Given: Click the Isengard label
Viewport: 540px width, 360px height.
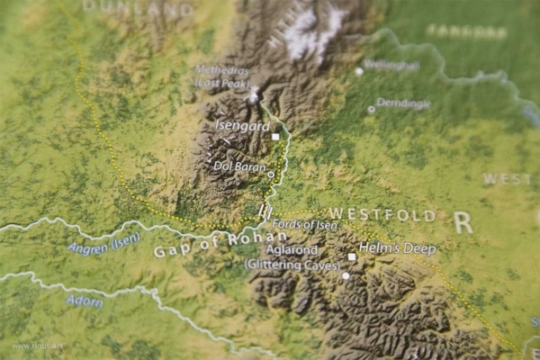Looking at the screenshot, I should [242, 127].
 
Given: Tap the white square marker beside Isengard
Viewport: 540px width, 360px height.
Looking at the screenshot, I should [275, 136].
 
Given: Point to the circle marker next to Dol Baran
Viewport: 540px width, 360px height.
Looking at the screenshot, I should [271, 174].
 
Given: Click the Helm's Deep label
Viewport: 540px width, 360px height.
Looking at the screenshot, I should [397, 248].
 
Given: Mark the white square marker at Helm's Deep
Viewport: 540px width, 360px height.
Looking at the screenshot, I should [352, 256].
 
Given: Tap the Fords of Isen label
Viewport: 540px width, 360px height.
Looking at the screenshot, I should [305, 225].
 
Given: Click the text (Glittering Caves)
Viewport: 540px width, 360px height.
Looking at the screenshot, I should [286, 264].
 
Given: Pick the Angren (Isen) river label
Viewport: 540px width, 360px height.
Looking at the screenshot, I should [104, 244].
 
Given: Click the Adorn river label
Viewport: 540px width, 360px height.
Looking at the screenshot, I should [85, 301].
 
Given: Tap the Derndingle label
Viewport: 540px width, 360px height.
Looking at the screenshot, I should [403, 103].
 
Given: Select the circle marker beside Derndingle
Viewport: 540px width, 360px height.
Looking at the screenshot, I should [371, 109].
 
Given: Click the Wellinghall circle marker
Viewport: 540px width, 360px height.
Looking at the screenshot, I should [359, 71].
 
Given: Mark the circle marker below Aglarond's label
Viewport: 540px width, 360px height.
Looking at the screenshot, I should [345, 275].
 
